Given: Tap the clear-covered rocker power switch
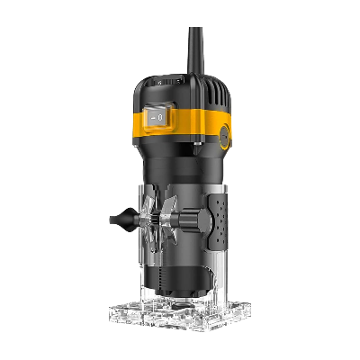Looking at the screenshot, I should (157, 117).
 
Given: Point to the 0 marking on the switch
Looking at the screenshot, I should (161, 117).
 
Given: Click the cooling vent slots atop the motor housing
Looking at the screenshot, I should (216, 90).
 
